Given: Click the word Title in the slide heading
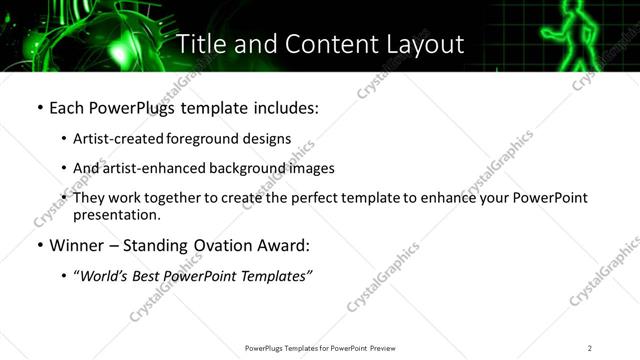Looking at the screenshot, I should [202, 44].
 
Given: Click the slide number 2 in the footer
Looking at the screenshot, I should [590, 347].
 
